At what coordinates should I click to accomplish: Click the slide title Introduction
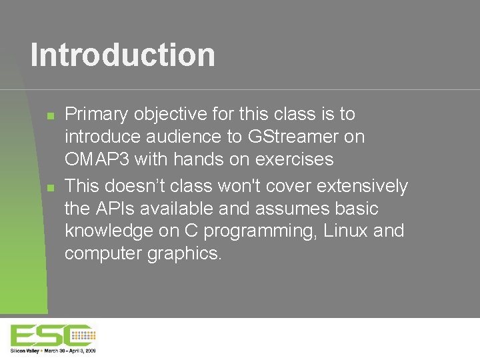123,55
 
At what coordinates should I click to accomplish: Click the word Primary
96,115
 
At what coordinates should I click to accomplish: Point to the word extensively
365,186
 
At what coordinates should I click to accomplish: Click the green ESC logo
52,335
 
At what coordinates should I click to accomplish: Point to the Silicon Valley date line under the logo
53,350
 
